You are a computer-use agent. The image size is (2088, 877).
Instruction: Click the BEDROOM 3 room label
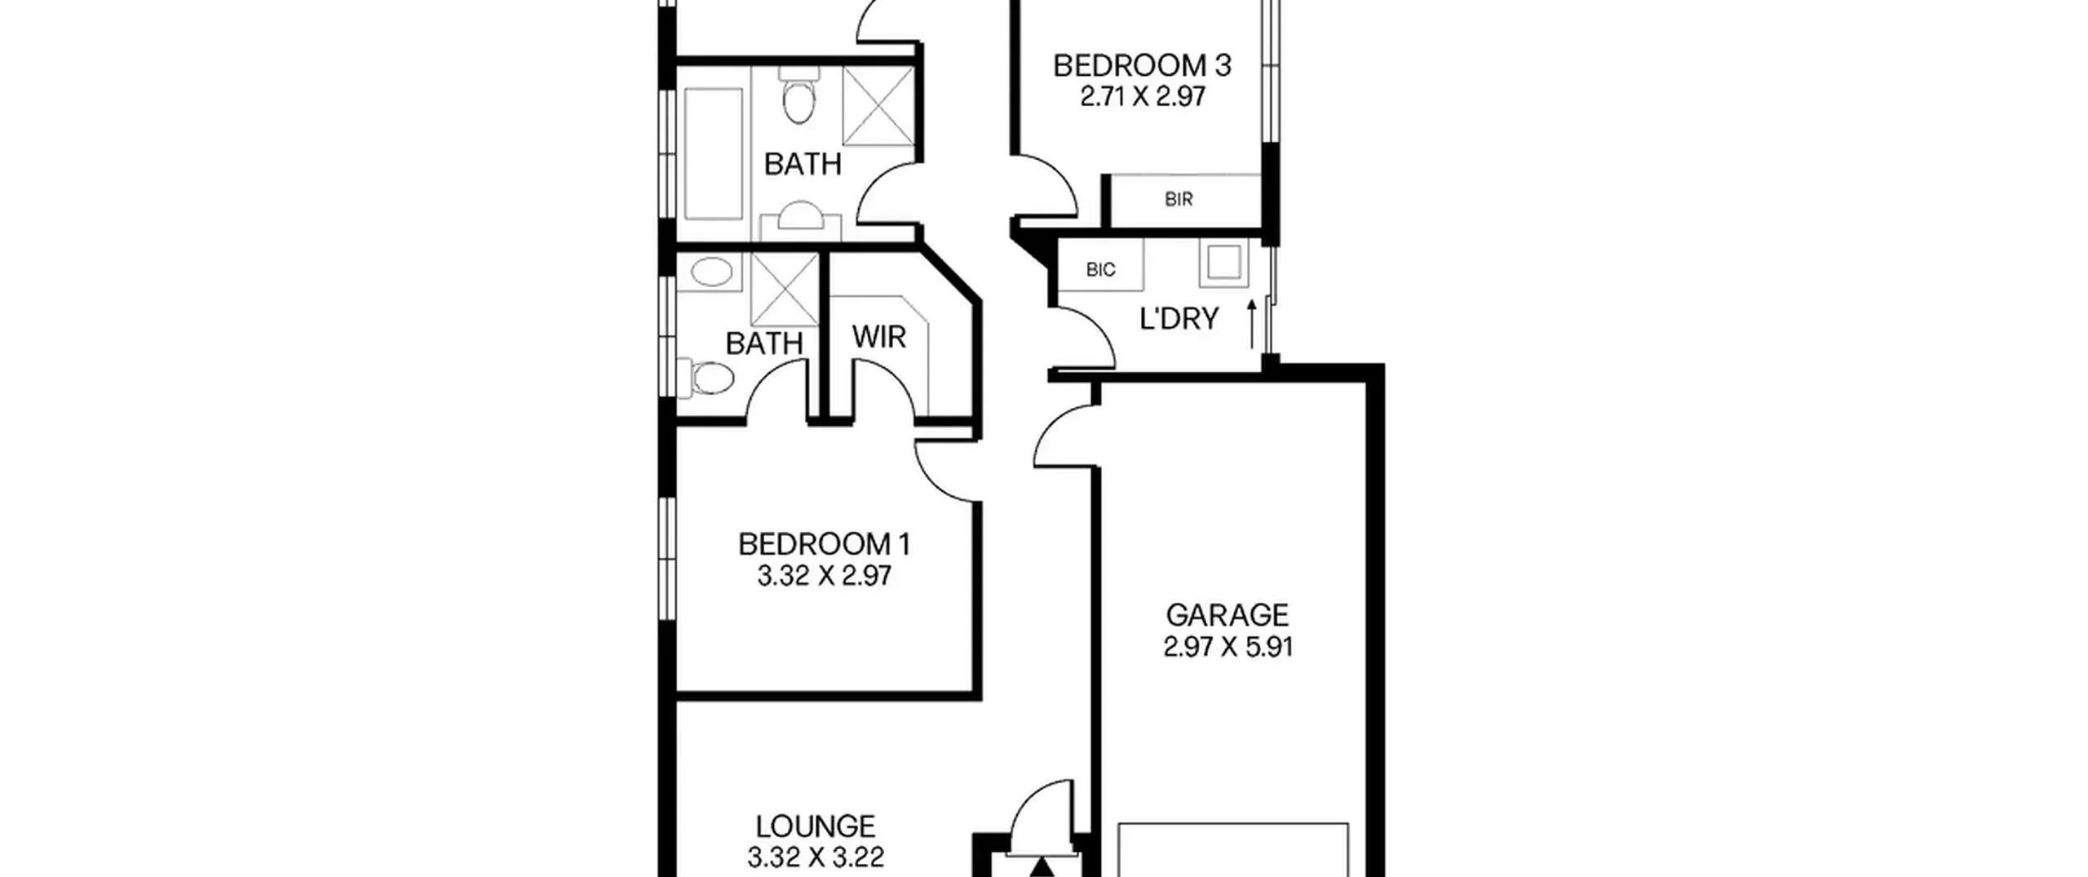click(x=1142, y=65)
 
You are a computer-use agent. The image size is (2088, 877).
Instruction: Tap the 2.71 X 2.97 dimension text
click(x=1143, y=97)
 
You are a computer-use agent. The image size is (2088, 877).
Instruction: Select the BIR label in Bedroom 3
click(x=1179, y=199)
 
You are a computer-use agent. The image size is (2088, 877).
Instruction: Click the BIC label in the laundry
click(x=1100, y=270)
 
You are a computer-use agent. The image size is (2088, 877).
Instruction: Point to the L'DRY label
click(x=1179, y=319)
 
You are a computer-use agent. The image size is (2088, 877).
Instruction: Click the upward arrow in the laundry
click(x=1252, y=324)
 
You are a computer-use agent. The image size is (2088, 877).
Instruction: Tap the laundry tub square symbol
click(x=1223, y=263)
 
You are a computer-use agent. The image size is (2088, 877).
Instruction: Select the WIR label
click(x=878, y=337)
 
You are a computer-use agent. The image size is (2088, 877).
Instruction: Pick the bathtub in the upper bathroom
click(x=714, y=153)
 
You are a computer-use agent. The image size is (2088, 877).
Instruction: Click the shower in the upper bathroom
click(x=878, y=106)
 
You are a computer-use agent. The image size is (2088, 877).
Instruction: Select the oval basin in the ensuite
click(x=711, y=272)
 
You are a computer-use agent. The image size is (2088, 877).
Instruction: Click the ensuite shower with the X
click(x=784, y=290)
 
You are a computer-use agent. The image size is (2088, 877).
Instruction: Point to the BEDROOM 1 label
click(x=824, y=544)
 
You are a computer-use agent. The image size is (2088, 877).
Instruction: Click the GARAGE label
click(x=1228, y=615)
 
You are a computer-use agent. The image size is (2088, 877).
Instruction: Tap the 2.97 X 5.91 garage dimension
click(x=1228, y=648)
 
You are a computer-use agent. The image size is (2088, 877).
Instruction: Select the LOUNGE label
click(x=816, y=826)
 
